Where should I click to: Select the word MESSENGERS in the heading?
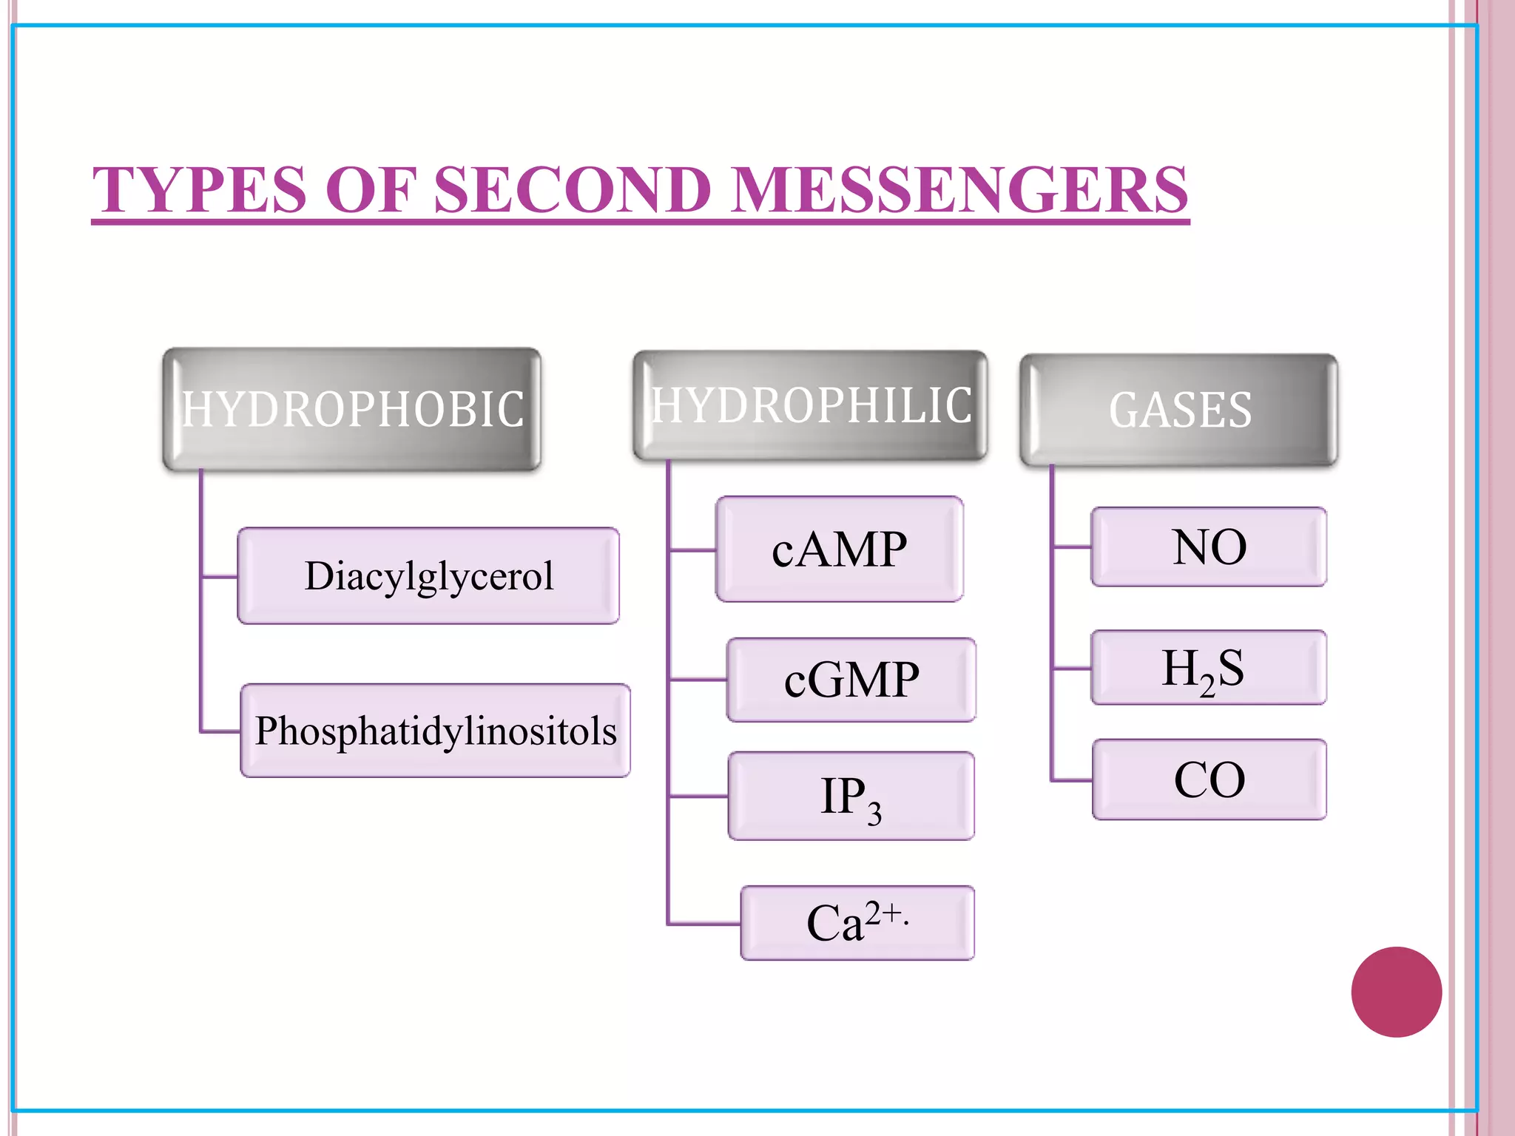(960, 190)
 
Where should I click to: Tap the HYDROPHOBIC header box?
(352, 409)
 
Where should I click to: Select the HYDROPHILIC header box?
(810, 405)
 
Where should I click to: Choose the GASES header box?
(1179, 410)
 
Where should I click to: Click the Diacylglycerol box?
(428, 576)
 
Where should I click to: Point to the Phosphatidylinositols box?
(436, 731)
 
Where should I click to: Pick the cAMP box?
(840, 550)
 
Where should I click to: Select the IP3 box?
(851, 797)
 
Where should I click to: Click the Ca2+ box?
(857, 923)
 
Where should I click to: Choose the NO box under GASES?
(1209, 547)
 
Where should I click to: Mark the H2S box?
(1209, 668)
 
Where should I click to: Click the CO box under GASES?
(1209, 780)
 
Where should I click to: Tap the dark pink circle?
(1396, 992)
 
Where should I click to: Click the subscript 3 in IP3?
(874, 814)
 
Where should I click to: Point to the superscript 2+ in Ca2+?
(885, 913)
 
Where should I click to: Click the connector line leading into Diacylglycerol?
(220, 576)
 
